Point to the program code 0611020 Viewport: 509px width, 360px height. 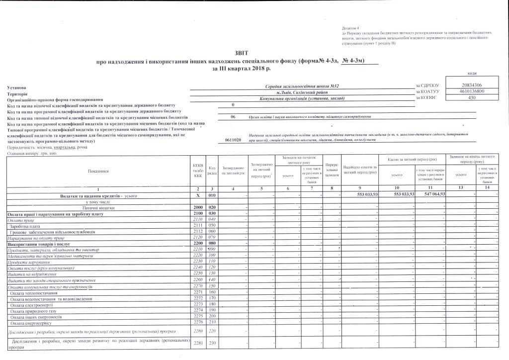click(233, 141)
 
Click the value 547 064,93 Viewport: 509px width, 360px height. click(432, 194)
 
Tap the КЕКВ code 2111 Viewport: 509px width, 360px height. click(198, 225)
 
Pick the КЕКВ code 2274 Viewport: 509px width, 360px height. click(198, 310)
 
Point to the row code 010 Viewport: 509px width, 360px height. click(212, 196)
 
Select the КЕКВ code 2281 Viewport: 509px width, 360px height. click(198, 343)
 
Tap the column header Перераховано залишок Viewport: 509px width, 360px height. click(331, 169)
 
